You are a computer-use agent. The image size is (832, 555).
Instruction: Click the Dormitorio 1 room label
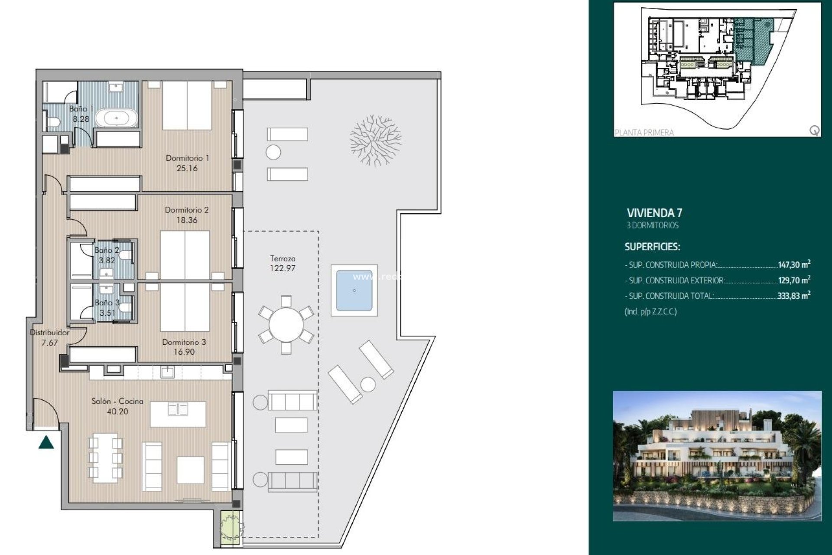(x=187, y=158)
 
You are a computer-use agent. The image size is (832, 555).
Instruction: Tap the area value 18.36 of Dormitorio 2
(x=187, y=220)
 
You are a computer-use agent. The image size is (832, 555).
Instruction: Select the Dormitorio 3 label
(x=184, y=342)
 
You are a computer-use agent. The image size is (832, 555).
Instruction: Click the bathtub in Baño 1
(x=116, y=118)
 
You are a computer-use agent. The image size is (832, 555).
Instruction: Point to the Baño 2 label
(x=107, y=250)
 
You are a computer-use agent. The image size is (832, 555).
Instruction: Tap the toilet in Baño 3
(x=125, y=308)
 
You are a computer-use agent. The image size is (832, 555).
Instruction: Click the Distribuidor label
(x=49, y=333)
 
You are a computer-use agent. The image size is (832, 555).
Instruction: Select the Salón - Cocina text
(x=117, y=402)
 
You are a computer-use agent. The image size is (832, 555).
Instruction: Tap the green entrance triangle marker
(x=46, y=443)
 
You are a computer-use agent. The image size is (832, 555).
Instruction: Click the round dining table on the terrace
(x=286, y=324)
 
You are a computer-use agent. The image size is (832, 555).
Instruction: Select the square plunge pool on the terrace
(x=354, y=291)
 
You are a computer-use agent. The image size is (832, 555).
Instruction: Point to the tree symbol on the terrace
(x=375, y=140)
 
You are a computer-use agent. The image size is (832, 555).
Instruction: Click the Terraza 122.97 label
(x=283, y=263)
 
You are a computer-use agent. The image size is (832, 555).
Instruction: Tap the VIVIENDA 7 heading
(x=654, y=213)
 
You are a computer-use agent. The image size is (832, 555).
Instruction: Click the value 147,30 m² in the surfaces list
(x=794, y=264)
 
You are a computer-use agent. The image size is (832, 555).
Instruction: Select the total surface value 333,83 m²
(x=794, y=296)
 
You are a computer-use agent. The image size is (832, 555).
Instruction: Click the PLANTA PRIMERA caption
(x=644, y=133)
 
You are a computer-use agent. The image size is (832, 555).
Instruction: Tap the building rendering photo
(x=717, y=456)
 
